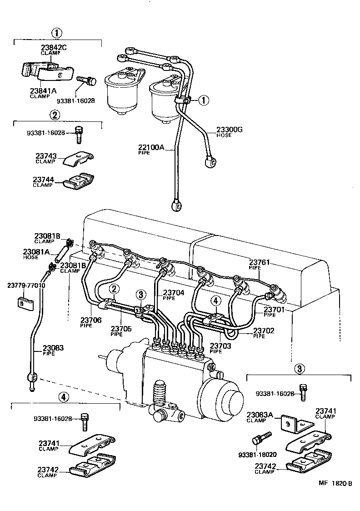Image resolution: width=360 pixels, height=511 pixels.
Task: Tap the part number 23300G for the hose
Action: coord(229,130)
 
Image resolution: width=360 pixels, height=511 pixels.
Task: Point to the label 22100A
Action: coord(151,147)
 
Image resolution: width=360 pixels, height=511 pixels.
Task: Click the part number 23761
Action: coord(259,262)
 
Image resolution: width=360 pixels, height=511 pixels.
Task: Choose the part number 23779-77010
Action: coord(26,285)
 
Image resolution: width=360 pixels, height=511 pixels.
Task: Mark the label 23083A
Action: coord(260,415)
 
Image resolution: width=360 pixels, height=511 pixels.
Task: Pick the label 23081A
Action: coord(35,251)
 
